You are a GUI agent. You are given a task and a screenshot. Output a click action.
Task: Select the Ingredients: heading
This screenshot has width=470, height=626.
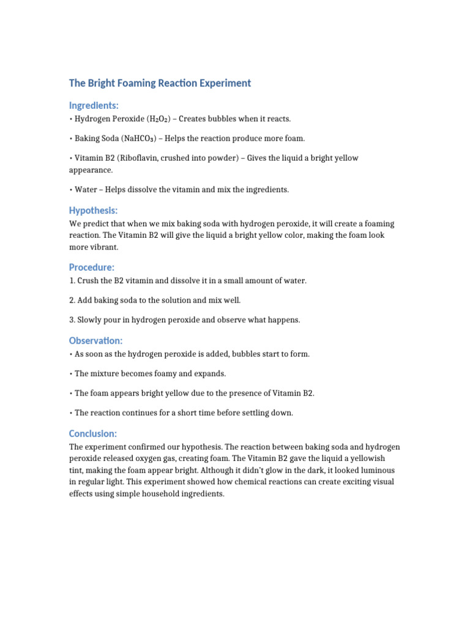[x=94, y=106]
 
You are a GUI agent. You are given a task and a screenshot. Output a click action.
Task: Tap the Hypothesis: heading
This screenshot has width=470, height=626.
[x=94, y=210]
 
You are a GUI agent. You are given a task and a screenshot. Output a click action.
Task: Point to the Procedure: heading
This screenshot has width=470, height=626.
[x=92, y=267]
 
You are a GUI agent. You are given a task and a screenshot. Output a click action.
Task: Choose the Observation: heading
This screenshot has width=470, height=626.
[x=96, y=341]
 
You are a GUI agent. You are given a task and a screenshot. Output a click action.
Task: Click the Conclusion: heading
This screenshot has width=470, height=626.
[x=93, y=433]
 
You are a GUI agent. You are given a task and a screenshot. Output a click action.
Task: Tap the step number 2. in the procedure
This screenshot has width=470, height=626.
[x=72, y=300]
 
